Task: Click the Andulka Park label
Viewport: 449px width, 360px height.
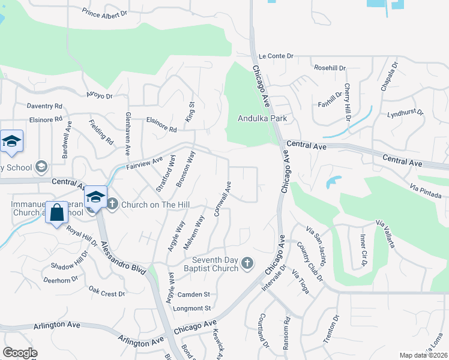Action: tap(262, 118)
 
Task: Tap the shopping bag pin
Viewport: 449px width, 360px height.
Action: tap(56, 212)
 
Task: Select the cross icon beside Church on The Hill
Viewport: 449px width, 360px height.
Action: tap(112, 205)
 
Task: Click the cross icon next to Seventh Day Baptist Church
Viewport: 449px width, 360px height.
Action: tap(247, 263)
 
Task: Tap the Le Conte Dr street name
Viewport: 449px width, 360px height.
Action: tap(276, 56)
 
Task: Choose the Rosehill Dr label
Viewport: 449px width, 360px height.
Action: tap(331, 67)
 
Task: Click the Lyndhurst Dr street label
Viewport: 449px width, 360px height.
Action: tap(405, 113)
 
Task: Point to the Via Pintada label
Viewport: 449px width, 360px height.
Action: tap(426, 191)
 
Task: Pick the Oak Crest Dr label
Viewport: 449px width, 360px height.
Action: tap(106, 293)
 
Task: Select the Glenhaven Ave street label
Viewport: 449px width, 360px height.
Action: tap(128, 131)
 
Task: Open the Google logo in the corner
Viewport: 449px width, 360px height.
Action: tap(20, 353)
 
